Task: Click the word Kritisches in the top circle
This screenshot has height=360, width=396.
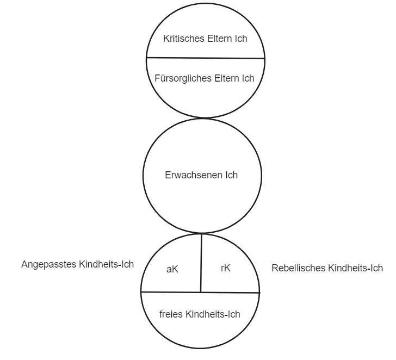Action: coord(181,39)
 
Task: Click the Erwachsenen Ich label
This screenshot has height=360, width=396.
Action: coord(201,176)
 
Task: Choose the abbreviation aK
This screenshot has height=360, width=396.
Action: coord(172,269)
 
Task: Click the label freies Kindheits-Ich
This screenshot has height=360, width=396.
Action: coord(200,314)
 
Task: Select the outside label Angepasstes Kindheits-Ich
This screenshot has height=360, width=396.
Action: coord(77,264)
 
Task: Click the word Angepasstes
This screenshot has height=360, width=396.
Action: coord(48,264)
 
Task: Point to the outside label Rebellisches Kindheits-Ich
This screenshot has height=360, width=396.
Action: coord(326,268)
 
